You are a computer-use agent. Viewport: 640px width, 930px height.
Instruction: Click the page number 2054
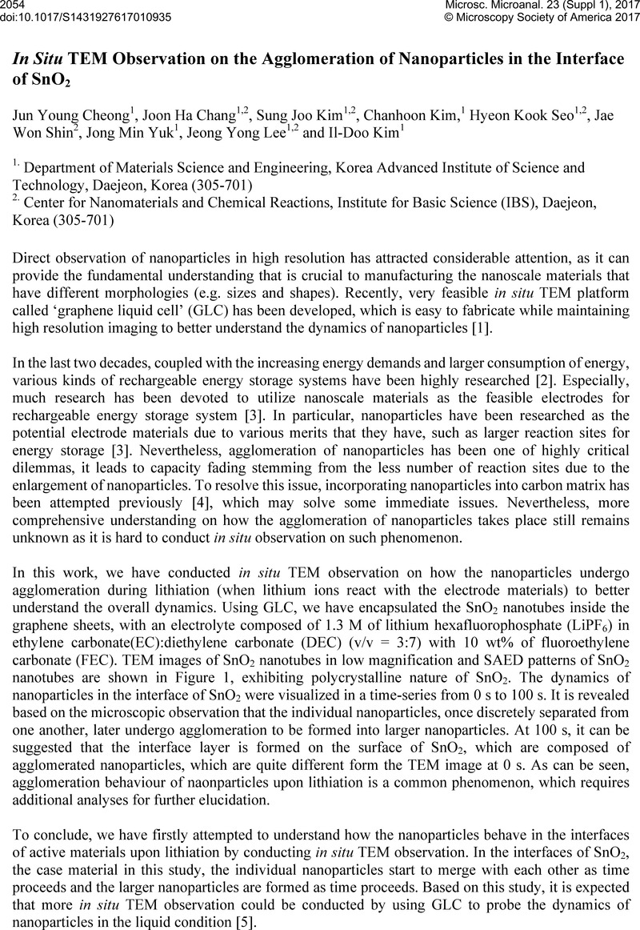(x=14, y=6)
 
